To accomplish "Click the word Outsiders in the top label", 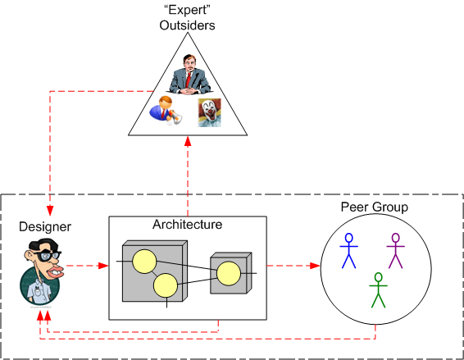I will point(187,25).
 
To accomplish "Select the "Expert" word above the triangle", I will point(187,11).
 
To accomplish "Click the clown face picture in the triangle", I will point(209,112).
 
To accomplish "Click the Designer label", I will point(46,226).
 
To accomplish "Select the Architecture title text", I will point(188,224).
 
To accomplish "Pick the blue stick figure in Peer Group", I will point(350,250).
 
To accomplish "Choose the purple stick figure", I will point(396,250).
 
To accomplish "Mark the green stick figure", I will point(377,290).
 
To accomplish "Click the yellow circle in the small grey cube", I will point(228,271).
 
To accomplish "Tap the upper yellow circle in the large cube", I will point(145,261).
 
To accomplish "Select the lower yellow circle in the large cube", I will point(166,285).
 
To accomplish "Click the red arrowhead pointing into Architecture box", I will point(103,266).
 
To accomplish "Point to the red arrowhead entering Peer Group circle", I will point(315,266).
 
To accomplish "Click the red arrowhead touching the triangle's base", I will point(188,140).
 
